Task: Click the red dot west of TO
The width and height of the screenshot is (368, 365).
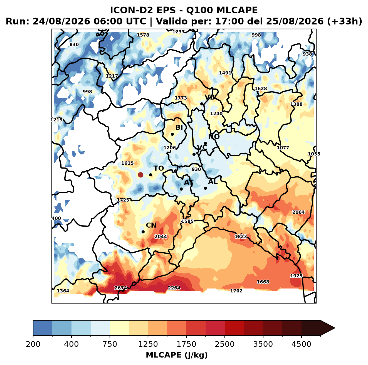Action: pos(140,175)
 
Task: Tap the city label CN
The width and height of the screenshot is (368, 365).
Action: pos(151,225)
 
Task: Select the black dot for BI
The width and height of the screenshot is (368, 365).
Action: pos(172,134)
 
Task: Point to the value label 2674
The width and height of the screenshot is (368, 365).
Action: pos(120,288)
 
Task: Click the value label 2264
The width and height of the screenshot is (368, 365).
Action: pos(174,288)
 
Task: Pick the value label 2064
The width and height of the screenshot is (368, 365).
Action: pos(298,212)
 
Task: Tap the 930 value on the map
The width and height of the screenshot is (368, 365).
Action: pos(196,169)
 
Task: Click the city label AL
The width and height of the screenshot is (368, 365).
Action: pos(213,181)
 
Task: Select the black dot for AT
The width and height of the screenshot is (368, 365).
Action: pos(181,189)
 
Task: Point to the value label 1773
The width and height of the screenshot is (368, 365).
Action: pos(181,98)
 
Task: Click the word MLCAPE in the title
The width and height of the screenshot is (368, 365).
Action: pos(237,10)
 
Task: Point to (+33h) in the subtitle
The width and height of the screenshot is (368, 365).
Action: pos(345,21)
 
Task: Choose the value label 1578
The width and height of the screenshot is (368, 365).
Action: pos(143,35)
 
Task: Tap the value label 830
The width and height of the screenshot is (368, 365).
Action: pos(74,45)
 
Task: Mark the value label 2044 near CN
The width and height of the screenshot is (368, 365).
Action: pos(160,236)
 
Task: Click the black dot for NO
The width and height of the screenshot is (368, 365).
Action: pos(205,143)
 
